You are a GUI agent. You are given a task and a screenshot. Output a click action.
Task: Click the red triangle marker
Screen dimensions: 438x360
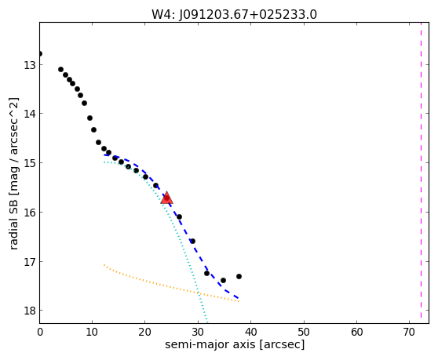tap(166, 198)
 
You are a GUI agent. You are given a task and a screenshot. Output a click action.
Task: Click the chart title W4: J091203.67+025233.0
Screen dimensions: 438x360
tap(234, 15)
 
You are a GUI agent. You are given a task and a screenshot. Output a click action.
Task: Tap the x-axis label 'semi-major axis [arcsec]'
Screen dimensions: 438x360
tap(235, 344)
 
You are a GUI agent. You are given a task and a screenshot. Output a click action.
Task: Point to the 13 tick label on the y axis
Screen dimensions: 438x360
tap(30, 65)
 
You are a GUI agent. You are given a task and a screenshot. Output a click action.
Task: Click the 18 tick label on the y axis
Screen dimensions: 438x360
tap(30, 311)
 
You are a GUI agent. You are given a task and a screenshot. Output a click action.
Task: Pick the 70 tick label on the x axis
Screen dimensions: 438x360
tap(409, 333)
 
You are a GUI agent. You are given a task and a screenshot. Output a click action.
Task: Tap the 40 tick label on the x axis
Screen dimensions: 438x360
tap(251, 333)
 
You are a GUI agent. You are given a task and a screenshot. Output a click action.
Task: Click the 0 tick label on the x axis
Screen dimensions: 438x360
tap(40, 333)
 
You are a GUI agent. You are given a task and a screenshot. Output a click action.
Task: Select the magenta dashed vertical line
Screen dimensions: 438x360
tap(421, 170)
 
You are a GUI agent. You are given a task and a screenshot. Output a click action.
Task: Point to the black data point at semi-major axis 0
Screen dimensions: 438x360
tap(40, 53)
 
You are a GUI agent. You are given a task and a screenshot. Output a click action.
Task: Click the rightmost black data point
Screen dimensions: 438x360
tap(239, 276)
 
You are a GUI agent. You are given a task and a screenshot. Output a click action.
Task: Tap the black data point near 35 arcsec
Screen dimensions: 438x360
tap(223, 280)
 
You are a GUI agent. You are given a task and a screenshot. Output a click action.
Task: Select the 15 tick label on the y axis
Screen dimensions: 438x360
tap(30, 163)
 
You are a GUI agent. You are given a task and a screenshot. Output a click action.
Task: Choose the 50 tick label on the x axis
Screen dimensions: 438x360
tap(304, 333)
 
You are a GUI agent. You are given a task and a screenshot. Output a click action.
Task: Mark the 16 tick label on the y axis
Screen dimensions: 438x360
tap(30, 213)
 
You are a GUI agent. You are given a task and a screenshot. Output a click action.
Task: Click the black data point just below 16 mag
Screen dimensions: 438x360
tap(179, 216)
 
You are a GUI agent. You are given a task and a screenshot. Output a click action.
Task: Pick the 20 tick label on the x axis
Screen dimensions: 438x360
tap(145, 333)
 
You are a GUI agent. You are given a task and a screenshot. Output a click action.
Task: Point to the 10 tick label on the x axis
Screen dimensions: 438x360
tap(92, 333)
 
